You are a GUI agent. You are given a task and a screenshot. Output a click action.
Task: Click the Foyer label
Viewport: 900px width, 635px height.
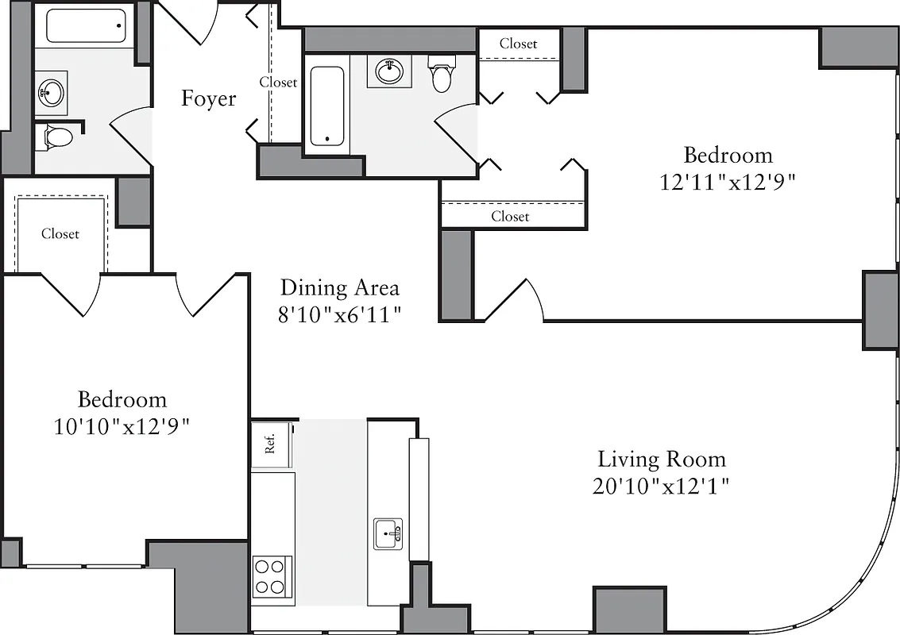(208, 98)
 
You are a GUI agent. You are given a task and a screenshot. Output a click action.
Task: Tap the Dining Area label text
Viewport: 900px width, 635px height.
(339, 287)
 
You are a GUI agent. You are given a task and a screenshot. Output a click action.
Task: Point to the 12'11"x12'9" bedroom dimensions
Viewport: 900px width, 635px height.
(728, 182)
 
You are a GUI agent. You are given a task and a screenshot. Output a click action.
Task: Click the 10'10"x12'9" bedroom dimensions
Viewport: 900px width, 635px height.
(122, 426)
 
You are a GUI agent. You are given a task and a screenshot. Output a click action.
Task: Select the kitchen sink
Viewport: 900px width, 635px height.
(388, 533)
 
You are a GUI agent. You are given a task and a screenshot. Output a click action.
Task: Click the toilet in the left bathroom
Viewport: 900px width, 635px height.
(57, 137)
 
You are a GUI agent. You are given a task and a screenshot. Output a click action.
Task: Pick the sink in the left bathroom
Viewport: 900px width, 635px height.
(50, 93)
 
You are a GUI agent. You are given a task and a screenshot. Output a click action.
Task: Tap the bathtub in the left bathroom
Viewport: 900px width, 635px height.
(86, 25)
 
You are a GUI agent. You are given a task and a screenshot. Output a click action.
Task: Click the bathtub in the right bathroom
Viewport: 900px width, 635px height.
(326, 106)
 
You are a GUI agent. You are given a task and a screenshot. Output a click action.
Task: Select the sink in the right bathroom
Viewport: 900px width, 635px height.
(389, 72)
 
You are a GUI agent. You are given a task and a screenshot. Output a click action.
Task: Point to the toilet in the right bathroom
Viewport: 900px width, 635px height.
(442, 73)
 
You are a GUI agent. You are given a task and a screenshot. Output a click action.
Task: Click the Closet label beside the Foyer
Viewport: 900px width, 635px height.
(278, 82)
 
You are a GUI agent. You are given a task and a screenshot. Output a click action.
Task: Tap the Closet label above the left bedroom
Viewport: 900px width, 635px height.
(60, 234)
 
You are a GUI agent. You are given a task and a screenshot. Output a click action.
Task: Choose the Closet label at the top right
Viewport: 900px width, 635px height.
(518, 44)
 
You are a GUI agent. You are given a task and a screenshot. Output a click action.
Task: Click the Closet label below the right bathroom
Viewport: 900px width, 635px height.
(510, 216)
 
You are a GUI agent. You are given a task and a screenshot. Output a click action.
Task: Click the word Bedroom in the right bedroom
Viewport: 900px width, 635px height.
(728, 155)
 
